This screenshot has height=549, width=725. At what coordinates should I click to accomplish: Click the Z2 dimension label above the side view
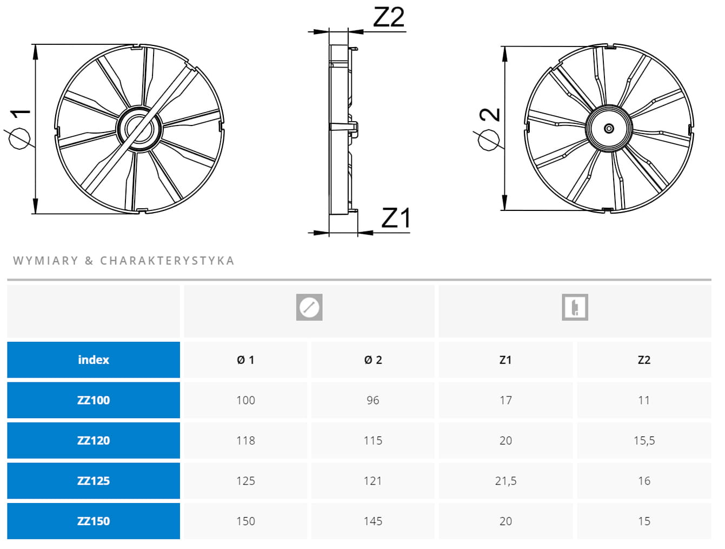[388, 17]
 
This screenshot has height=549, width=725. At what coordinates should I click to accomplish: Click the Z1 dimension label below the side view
[396, 217]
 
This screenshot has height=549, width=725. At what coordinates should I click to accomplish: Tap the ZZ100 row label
[94, 400]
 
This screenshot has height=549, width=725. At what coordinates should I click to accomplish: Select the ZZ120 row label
[94, 440]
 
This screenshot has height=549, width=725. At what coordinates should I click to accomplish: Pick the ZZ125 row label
[94, 481]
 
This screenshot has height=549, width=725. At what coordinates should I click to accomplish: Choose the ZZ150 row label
[94, 521]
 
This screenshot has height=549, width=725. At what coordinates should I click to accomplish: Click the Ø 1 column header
[245, 360]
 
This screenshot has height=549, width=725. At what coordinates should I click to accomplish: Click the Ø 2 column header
[373, 360]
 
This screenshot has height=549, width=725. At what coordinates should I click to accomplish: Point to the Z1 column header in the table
[505, 360]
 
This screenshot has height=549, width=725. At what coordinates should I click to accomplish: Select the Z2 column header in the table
[644, 360]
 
